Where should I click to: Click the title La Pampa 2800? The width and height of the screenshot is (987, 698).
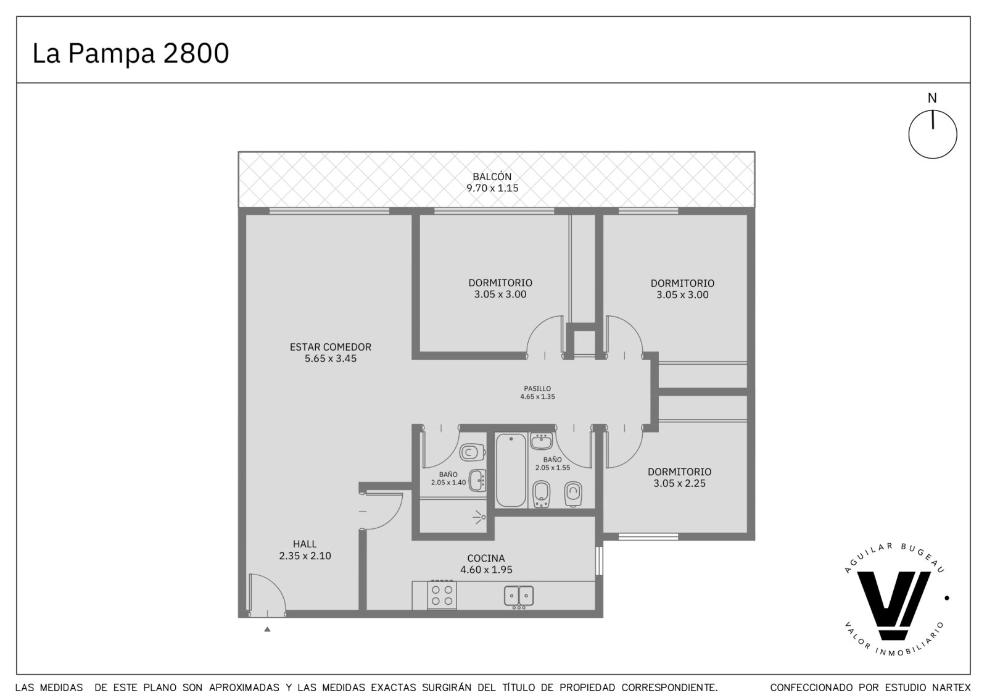[x=131, y=53]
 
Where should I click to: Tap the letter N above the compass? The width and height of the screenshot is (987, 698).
[x=932, y=98]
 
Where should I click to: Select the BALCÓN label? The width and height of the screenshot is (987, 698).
[x=492, y=177]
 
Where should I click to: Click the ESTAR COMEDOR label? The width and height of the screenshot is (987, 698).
[x=331, y=347]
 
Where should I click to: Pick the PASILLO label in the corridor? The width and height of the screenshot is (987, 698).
[x=537, y=388]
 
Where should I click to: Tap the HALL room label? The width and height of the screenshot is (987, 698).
[x=305, y=544]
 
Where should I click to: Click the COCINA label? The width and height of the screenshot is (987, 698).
[x=486, y=559]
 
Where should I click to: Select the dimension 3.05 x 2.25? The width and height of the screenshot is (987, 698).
[x=679, y=483]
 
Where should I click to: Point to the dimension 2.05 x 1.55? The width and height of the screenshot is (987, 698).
[x=553, y=468]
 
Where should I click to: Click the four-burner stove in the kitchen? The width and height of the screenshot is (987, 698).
[x=442, y=595]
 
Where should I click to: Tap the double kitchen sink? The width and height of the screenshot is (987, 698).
[x=519, y=596]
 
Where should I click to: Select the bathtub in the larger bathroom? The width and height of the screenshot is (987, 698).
[x=511, y=470]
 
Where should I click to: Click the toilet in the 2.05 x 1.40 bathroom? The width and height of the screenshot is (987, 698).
[x=473, y=452]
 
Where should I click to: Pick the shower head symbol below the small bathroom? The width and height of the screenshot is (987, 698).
[x=479, y=517]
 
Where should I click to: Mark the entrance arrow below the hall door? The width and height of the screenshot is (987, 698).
[x=267, y=629]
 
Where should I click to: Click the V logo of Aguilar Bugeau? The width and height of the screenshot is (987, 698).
[x=893, y=605]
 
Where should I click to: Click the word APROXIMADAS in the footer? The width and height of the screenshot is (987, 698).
[x=244, y=688]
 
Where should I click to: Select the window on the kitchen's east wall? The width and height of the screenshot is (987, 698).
[x=599, y=560]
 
